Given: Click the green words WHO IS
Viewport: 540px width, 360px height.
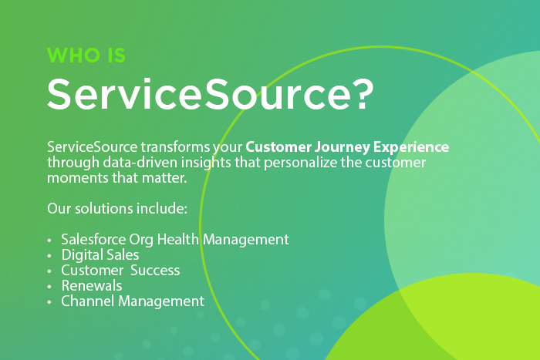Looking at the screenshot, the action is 86,55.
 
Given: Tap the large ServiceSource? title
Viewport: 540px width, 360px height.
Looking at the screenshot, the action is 210,93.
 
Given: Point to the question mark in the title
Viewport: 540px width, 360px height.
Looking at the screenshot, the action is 364,93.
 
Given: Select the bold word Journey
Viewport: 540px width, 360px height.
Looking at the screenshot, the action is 342,147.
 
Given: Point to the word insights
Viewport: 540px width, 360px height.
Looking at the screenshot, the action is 206,163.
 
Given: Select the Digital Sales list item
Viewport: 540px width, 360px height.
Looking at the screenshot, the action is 100,255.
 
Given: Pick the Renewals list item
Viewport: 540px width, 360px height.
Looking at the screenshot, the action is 92,286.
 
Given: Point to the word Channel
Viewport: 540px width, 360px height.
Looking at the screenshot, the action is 88,301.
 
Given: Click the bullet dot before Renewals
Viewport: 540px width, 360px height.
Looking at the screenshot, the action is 49,287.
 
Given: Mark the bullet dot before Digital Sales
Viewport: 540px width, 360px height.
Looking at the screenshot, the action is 49,256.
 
